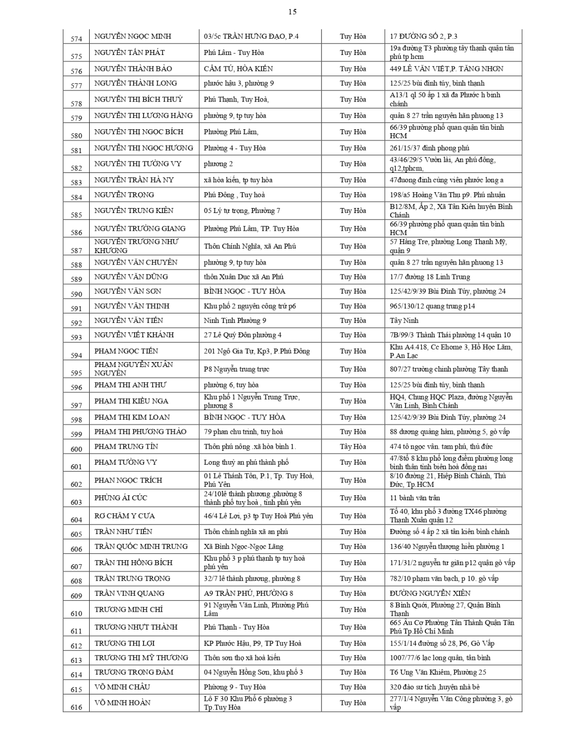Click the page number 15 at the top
(x=292, y=11)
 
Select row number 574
(x=76, y=39)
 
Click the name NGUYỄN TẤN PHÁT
(x=130, y=53)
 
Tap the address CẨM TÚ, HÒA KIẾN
(x=238, y=69)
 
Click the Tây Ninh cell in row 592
(x=404, y=320)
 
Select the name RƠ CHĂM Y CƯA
(x=125, y=516)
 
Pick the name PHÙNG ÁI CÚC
(x=121, y=498)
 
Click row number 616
(x=76, y=707)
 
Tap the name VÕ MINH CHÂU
(x=122, y=687)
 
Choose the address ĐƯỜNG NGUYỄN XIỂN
(x=430, y=593)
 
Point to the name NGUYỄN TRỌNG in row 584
(x=124, y=195)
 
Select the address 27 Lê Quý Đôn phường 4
(x=243, y=335)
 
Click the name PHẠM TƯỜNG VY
(x=126, y=463)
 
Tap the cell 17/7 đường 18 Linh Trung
(x=430, y=277)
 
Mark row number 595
(x=76, y=373)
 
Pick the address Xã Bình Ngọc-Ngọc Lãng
(x=244, y=547)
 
